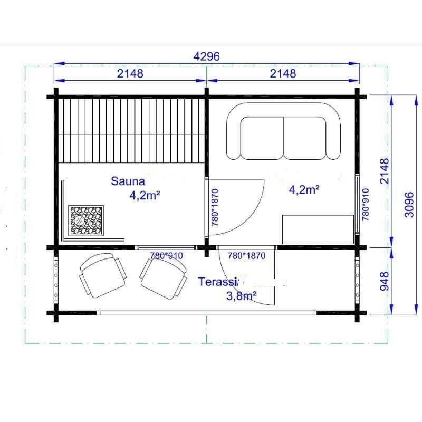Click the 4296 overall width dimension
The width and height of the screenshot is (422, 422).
207,56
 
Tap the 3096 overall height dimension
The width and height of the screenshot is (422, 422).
409,205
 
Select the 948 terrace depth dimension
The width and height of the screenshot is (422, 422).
385,281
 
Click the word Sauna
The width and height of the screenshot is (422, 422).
128,181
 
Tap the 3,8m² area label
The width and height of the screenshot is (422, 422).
242,296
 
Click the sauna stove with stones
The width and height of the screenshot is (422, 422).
86,220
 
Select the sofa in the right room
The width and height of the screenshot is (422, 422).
284,131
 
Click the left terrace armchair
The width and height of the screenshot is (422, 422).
103,275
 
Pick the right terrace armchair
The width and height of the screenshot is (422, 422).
164,279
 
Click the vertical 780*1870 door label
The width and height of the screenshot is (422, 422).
215,207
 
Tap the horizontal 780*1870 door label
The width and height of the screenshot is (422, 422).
246,255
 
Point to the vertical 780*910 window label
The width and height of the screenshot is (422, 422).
366,205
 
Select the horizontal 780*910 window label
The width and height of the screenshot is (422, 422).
166,255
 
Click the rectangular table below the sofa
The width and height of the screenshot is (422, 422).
318,229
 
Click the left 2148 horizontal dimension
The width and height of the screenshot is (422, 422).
130,73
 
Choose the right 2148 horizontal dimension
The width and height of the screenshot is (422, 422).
283,73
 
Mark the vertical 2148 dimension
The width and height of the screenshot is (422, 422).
385,171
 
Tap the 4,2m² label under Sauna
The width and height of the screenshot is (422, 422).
145,195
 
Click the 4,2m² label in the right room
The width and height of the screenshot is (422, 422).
304,190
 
